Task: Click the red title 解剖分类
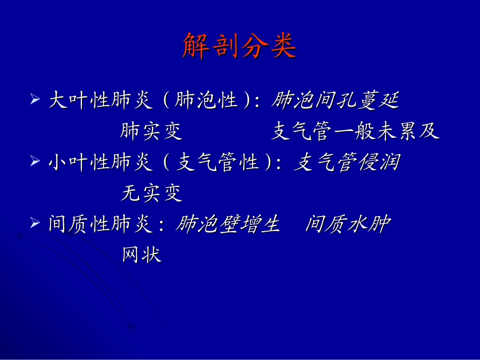pyautogui.click(x=239, y=46)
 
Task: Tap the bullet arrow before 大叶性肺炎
pyautogui.click(x=35, y=98)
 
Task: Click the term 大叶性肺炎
pyautogui.click(x=100, y=101)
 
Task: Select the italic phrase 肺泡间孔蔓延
pyautogui.click(x=335, y=101)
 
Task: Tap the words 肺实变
pyautogui.click(x=151, y=132)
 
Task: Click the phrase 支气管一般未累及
pyautogui.click(x=355, y=132)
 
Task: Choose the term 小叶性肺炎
pyautogui.click(x=100, y=163)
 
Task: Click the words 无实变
pyautogui.click(x=151, y=193)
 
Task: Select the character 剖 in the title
pyautogui.click(x=224, y=46)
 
